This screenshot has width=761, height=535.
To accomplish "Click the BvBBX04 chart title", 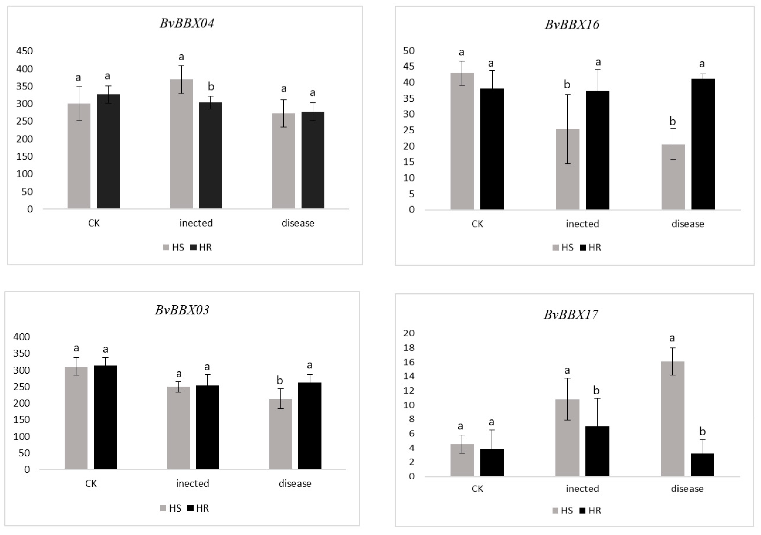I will [187, 23].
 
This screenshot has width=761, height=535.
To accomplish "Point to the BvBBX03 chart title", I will [182, 310].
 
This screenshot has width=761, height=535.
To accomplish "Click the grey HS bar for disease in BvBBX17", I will [672, 419].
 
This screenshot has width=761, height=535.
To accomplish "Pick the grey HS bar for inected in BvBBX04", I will [181, 144].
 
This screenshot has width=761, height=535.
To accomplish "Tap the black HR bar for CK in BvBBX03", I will [105, 417].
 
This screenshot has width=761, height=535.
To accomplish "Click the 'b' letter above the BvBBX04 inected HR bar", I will [211, 87].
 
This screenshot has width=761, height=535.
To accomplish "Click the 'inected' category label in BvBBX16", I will [582, 224].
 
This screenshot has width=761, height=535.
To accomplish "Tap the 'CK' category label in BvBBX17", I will [477, 489].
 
